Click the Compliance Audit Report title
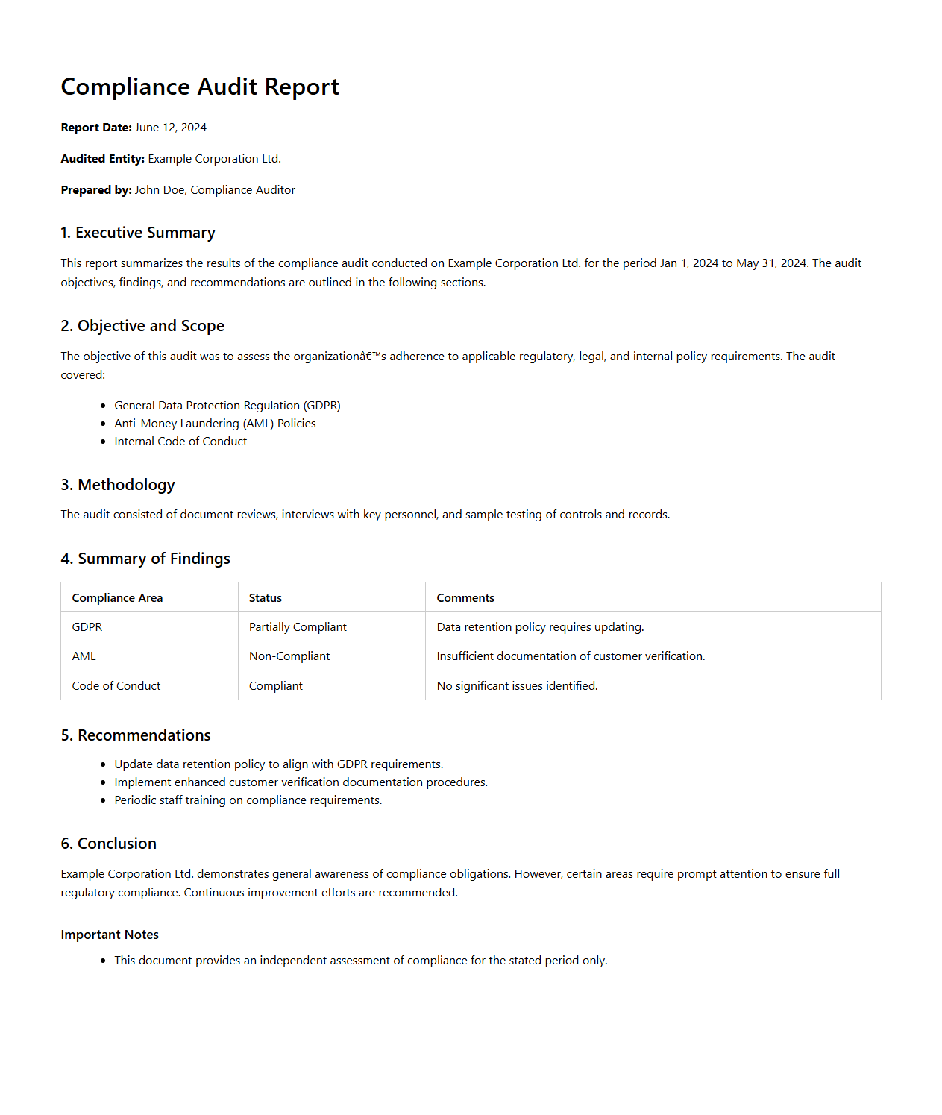click(200, 87)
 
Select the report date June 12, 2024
click(171, 128)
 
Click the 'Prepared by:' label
click(96, 190)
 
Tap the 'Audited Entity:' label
click(103, 159)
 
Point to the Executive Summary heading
click(138, 233)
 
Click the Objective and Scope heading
click(142, 326)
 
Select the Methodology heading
click(118, 485)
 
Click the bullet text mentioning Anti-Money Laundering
click(215, 424)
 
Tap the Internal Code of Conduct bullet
click(180, 442)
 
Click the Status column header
click(266, 598)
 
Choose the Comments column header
click(465, 598)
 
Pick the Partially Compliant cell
click(298, 627)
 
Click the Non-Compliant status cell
click(289, 656)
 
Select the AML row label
click(84, 656)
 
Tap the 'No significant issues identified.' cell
click(517, 686)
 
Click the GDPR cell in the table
click(87, 627)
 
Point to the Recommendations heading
click(136, 735)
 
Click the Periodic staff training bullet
click(248, 800)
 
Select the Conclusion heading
click(109, 844)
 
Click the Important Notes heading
click(110, 935)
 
